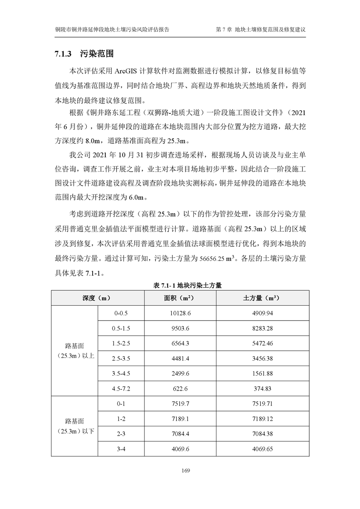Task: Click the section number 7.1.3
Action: coord(63,54)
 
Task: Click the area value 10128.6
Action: coord(180,313)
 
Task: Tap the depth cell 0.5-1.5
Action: coord(121,328)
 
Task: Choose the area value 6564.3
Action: coord(180,343)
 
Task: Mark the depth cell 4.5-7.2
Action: coord(121,388)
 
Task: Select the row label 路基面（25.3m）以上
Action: coord(74,351)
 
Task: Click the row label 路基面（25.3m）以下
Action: coord(74,426)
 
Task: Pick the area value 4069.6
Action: coord(180,449)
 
